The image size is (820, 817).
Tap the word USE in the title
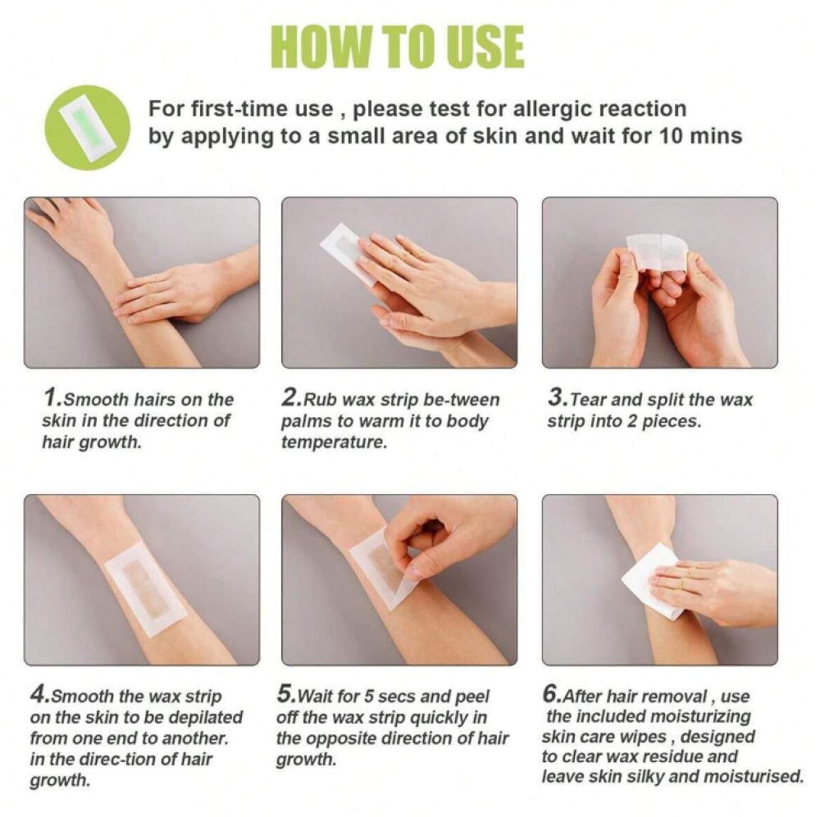click(x=482, y=46)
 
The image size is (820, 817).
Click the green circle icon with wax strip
click(x=87, y=127)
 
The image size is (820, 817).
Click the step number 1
click(x=51, y=397)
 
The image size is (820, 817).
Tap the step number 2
click(x=289, y=397)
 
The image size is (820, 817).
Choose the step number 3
click(x=556, y=397)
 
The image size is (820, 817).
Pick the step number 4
click(x=39, y=694)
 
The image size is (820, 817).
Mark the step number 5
click(x=285, y=694)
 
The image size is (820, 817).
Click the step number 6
click(x=551, y=694)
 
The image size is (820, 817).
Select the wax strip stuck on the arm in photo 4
click(x=145, y=589)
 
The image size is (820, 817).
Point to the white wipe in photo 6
click(x=650, y=581)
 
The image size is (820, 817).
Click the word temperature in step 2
click(x=335, y=443)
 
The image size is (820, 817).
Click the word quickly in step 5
click(x=440, y=718)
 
